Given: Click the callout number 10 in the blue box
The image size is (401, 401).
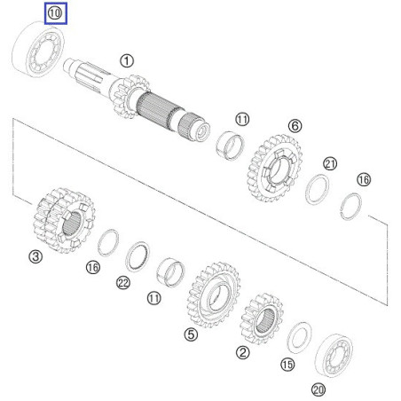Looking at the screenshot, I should (55, 13).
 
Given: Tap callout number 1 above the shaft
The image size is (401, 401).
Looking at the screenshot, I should (127, 61).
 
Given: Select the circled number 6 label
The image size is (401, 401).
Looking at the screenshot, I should (295, 127).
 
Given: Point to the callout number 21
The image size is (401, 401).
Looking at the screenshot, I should (330, 164).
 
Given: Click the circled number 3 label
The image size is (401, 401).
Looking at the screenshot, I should (35, 258).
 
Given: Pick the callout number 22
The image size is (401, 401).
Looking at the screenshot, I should (123, 283).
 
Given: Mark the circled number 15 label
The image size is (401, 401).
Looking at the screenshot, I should (286, 365).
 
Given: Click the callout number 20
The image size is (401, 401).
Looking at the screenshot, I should (318, 389).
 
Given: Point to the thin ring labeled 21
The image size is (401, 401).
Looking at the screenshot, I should (318, 190).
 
